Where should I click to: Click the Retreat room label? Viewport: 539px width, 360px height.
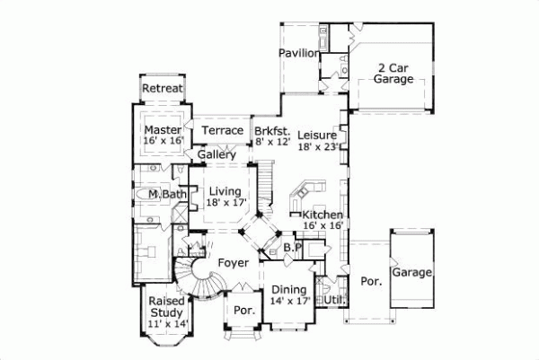[x=163, y=88]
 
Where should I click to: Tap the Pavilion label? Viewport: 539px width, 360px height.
[x=299, y=54]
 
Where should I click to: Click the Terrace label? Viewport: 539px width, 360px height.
[x=222, y=131]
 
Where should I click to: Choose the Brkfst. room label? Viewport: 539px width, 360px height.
[x=273, y=131]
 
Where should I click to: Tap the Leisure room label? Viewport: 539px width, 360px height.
[x=318, y=134]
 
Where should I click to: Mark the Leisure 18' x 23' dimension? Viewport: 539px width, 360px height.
[x=318, y=145]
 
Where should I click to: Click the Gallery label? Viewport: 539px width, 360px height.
[x=216, y=154]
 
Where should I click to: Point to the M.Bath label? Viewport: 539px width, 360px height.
[x=167, y=195]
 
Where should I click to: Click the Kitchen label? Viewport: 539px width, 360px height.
[x=322, y=215]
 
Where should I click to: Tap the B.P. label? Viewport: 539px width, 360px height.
[x=291, y=247]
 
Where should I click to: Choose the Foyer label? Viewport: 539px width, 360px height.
[x=232, y=262]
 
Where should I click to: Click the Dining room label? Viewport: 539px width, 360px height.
[x=288, y=289]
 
